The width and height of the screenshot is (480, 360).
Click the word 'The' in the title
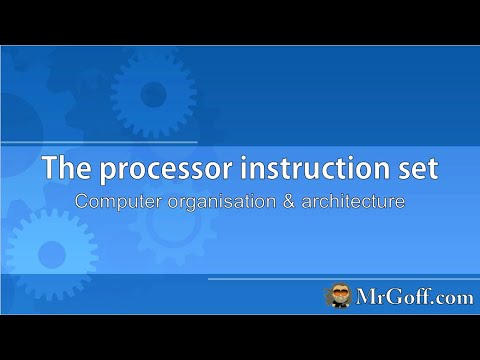[x=63, y=169]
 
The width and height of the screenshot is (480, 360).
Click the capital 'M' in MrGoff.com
[x=365, y=296]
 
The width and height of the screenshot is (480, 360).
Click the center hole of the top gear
[x=153, y=95]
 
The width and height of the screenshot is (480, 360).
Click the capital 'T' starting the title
[x=48, y=169]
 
